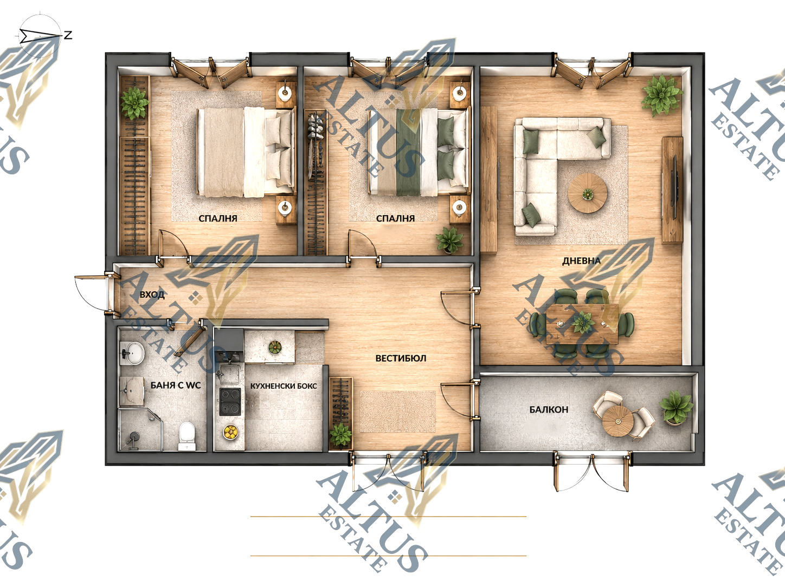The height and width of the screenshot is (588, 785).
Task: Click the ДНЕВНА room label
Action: (581, 261)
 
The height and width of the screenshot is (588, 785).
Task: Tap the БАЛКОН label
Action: (549, 409)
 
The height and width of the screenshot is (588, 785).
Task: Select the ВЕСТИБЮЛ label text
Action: (401, 358)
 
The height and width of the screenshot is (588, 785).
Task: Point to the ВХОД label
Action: (152, 295)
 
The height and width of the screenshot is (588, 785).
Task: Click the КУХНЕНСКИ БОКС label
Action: (283, 386)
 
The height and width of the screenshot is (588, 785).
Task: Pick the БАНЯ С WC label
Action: (176, 385)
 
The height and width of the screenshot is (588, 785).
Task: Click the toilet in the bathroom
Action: (187, 436)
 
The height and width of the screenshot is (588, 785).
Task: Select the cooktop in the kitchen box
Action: (230, 402)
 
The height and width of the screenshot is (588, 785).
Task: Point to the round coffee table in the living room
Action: (587, 193)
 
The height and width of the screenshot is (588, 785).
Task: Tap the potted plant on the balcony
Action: (675, 407)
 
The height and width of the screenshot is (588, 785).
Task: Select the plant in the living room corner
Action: (661, 95)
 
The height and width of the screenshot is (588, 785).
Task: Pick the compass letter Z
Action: (68, 35)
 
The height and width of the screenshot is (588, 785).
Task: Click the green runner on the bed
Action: (408, 153)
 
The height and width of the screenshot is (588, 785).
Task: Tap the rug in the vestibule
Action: (398, 411)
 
